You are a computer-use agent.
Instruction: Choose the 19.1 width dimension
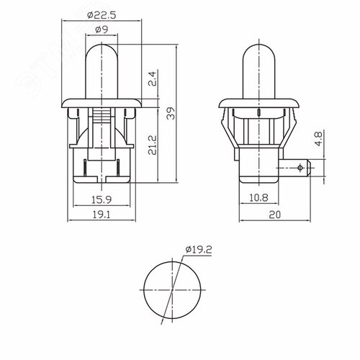point(101,213)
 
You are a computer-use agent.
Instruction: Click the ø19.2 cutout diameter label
point(198,250)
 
